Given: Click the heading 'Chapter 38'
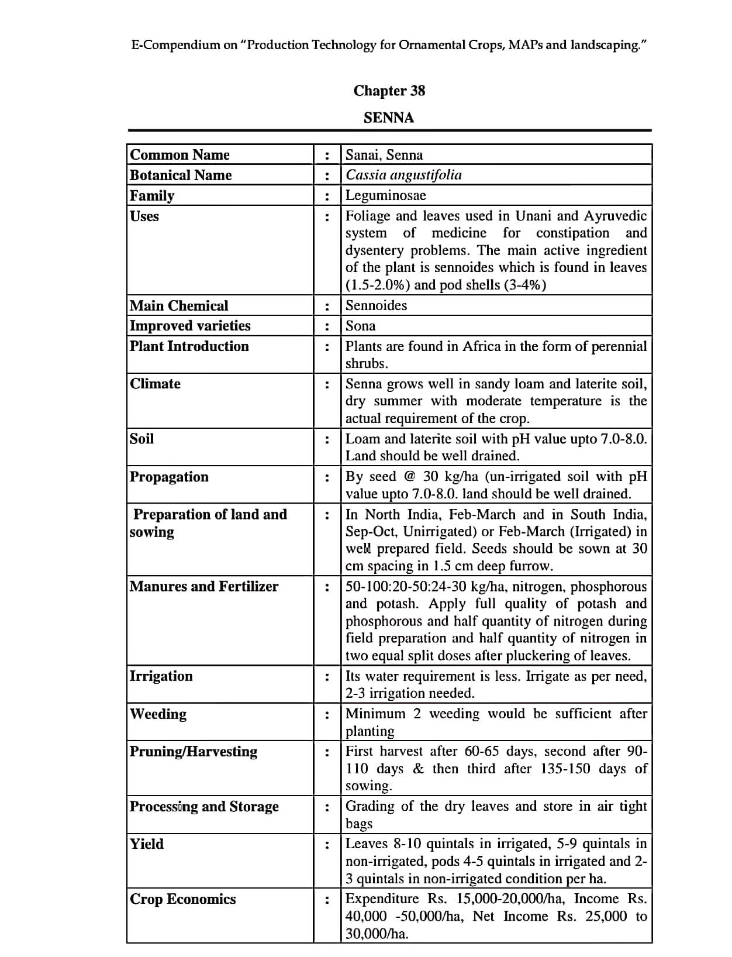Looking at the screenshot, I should click(x=389, y=91).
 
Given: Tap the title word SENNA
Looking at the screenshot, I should click(x=389, y=118).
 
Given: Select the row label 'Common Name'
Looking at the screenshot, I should click(x=179, y=154).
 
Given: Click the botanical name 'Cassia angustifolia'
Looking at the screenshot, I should click(x=403, y=175).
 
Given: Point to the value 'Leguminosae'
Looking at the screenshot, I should click(x=385, y=195).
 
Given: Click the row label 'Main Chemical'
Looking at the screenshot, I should click(x=179, y=305).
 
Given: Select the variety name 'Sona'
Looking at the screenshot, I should click(x=360, y=326).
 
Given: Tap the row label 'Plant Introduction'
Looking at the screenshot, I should click(x=189, y=346).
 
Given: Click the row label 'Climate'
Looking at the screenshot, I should click(x=155, y=384).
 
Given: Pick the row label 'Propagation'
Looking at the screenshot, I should click(x=169, y=477).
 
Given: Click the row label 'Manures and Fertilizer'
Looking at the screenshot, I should click(x=204, y=586).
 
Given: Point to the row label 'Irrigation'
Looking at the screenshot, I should click(x=161, y=676).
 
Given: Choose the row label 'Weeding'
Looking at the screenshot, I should click(x=158, y=714).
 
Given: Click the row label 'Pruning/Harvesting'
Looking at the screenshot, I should click(x=193, y=751).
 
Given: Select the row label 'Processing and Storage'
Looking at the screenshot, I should click(x=204, y=806).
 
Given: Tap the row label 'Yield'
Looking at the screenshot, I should click(x=147, y=844).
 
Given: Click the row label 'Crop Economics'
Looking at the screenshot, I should click(x=182, y=899).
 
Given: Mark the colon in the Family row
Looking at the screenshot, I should click(x=327, y=197).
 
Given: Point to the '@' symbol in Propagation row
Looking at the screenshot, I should click(x=409, y=477).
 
